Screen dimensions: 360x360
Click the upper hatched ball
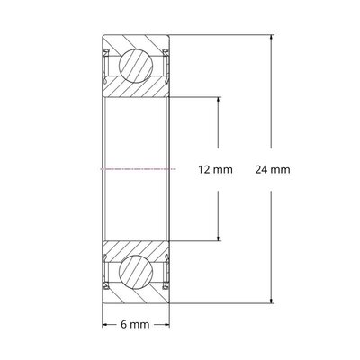(136, 67)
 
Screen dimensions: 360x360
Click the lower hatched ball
(136, 271)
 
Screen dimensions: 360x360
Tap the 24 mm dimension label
(273, 169)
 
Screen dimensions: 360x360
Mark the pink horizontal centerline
(136, 169)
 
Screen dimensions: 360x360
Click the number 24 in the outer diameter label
(262, 169)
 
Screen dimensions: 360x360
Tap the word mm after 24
(281, 169)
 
